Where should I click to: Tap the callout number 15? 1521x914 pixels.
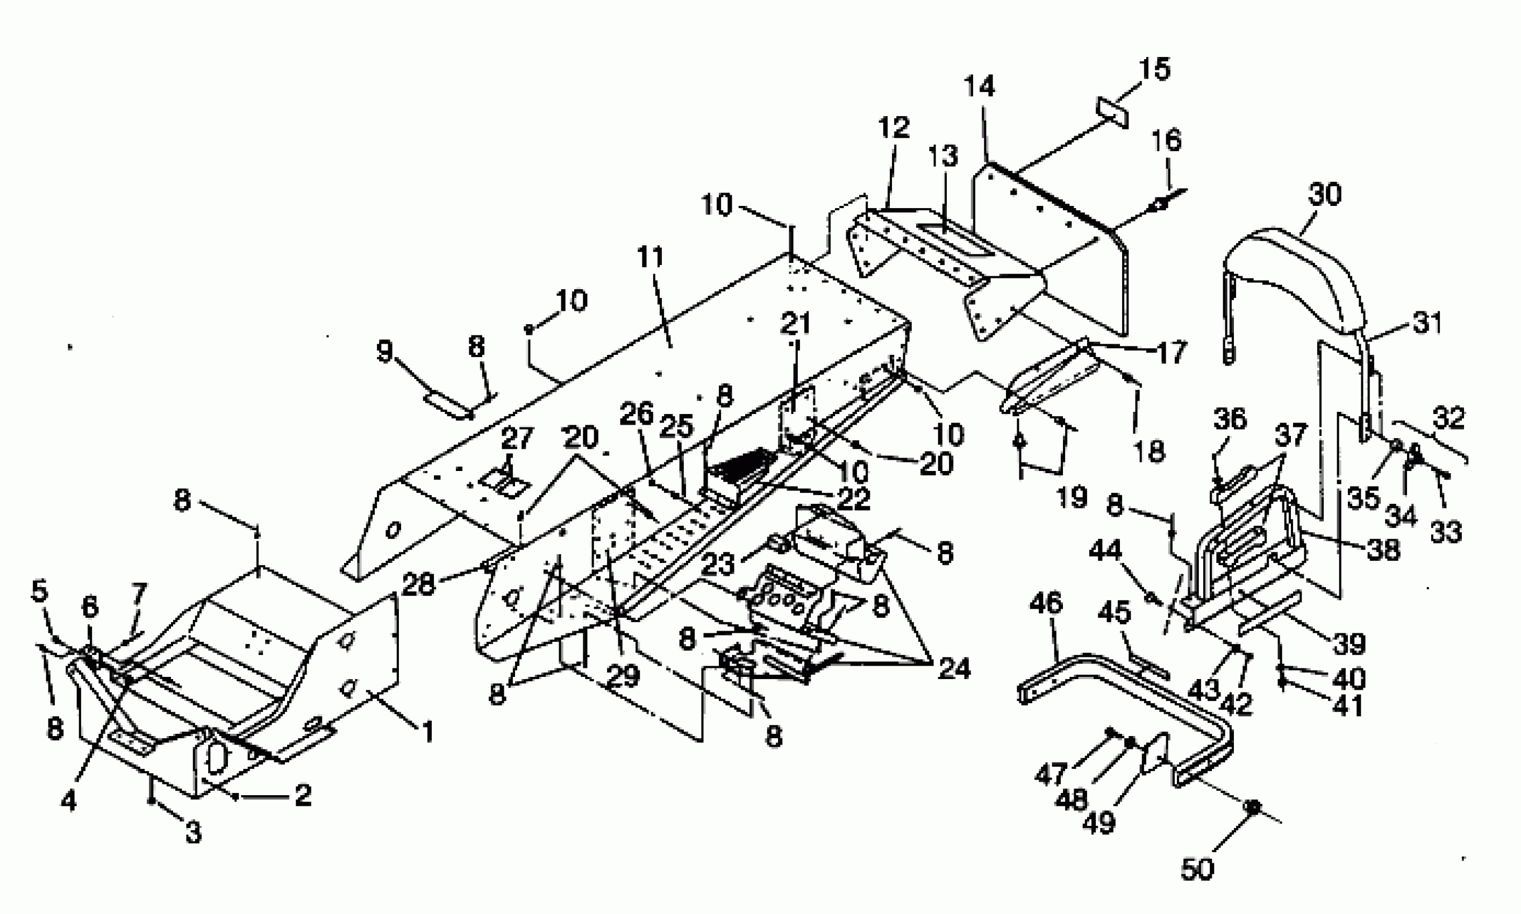pos(1153,69)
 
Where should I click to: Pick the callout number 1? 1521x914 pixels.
pos(427,732)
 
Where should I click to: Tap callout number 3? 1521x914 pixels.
pos(194,833)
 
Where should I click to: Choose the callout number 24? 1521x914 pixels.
pos(954,668)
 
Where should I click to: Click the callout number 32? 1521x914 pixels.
pos(1448,419)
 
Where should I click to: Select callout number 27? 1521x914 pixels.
pos(516,439)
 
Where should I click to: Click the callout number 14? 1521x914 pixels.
pos(979,87)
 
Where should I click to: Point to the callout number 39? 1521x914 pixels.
pos(1349,643)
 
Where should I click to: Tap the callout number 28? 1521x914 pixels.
pos(418,584)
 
